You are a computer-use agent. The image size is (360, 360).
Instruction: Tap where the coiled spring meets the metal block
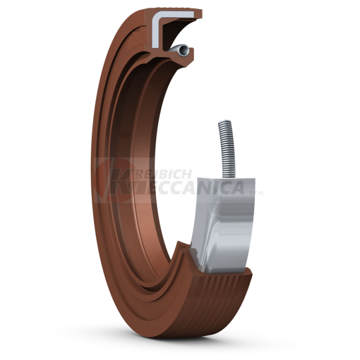point(228,175)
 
